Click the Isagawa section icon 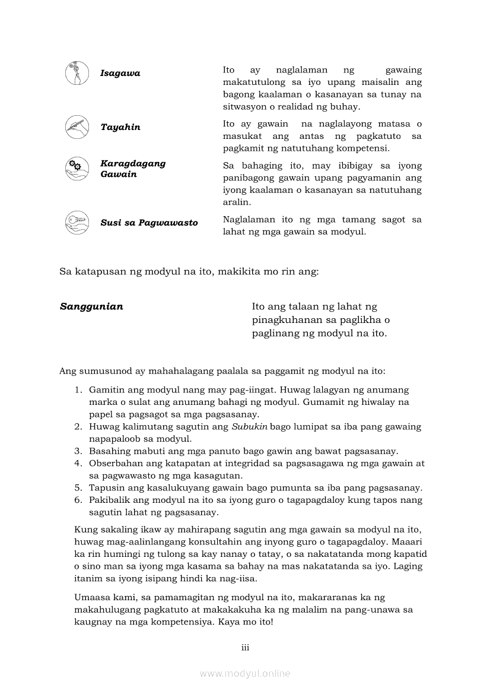pyautogui.click(x=77, y=73)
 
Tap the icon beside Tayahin pyautogui.click(x=77, y=126)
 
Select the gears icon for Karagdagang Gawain pyautogui.click(x=77, y=168)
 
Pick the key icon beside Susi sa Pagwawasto pyautogui.click(x=77, y=222)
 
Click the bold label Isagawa pyautogui.click(x=120, y=74)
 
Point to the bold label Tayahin pyautogui.click(x=120, y=127)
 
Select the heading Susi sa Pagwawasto pyautogui.click(x=149, y=223)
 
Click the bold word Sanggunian pyautogui.click(x=91, y=307)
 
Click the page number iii pyautogui.click(x=245, y=647)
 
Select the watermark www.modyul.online pyautogui.click(x=245, y=673)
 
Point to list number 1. pyautogui.click(x=78, y=390)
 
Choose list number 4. pyautogui.click(x=78, y=463)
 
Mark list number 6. pyautogui.click(x=78, y=500)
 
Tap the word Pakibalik pyautogui.click(x=108, y=500)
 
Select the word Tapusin pyautogui.click(x=105, y=488)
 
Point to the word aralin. pyautogui.click(x=236, y=201)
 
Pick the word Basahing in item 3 pyautogui.click(x=109, y=451)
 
